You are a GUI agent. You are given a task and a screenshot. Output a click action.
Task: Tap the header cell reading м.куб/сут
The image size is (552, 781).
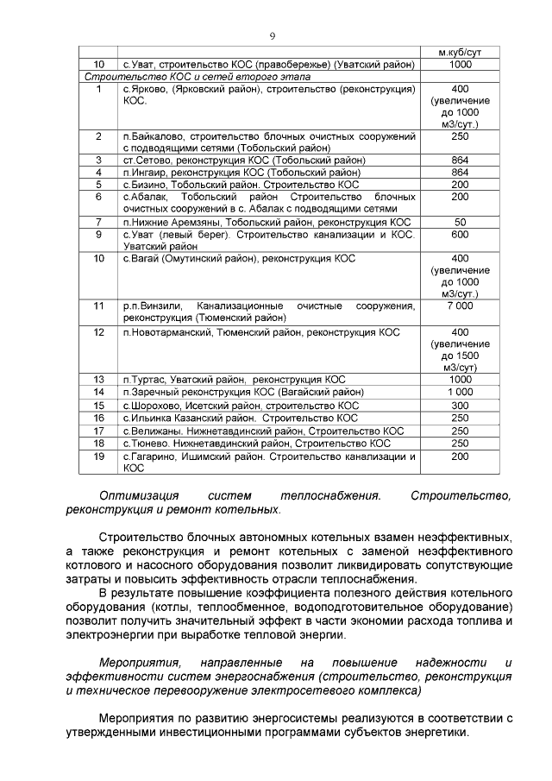460,53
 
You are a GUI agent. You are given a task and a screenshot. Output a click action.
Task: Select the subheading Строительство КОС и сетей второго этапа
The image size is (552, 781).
191,77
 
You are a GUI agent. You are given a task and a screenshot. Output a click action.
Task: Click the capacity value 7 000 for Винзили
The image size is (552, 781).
460,305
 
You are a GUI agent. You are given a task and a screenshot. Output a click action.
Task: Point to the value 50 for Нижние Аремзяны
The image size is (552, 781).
460,222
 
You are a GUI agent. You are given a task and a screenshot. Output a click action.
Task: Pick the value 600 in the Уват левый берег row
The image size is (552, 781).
460,234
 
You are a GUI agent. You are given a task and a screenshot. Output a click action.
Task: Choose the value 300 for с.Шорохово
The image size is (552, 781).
460,405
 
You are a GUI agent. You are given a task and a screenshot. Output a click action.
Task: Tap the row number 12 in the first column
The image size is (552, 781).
99,331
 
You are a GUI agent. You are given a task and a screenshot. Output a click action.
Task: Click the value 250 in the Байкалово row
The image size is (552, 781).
460,136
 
